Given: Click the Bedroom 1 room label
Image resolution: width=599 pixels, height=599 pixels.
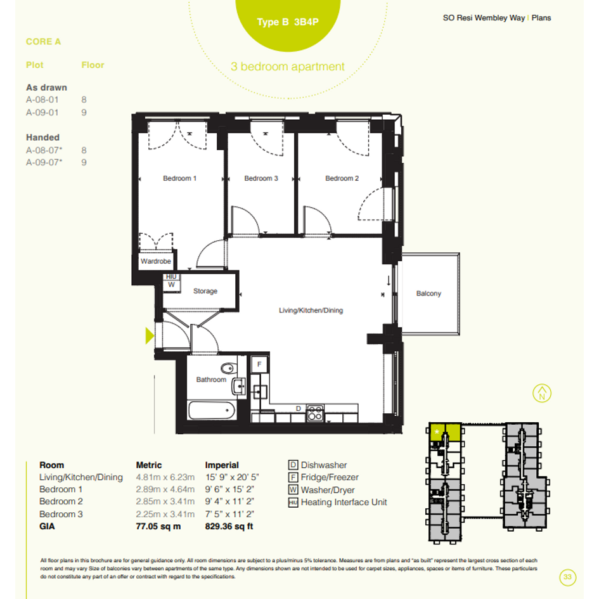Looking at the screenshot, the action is point(179,178).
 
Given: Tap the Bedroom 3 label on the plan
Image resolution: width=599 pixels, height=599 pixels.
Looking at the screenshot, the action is point(261,178).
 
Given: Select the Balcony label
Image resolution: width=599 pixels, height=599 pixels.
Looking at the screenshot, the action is point(428,293).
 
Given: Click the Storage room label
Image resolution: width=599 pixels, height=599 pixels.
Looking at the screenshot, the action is point(205,291).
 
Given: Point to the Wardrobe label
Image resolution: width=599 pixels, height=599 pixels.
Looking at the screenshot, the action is point(155,261).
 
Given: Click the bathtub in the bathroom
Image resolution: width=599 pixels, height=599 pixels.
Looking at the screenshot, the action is point(212,410).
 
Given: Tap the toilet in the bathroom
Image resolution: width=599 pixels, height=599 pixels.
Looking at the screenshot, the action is point(228,368).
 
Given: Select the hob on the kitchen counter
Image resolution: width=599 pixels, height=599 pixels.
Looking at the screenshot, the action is point(315,413).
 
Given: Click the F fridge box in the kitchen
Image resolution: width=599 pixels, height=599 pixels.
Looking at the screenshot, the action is point(259,364).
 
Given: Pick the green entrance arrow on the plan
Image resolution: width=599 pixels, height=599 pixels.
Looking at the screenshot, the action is point(150,336).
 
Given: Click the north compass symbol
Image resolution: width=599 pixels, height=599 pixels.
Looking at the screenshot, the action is point(542,393).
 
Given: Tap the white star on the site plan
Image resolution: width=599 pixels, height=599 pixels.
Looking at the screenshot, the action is point(437,432).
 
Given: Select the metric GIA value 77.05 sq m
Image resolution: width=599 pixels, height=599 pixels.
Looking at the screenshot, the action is point(158,526).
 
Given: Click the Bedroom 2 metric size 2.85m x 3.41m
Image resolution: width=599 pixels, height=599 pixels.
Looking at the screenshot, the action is point(165,501).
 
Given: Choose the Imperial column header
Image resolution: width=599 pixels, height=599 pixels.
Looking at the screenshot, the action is point(222,465).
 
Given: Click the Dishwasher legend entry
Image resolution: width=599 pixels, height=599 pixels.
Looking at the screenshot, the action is point(318,465).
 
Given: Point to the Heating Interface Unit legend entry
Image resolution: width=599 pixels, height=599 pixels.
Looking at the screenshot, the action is point(338,503).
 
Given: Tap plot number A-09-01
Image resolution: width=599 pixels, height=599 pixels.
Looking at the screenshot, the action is point(42,112).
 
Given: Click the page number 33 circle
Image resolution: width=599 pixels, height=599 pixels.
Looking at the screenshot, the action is point(568,577).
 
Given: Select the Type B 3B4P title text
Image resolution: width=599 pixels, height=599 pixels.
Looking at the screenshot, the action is point(288,22).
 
